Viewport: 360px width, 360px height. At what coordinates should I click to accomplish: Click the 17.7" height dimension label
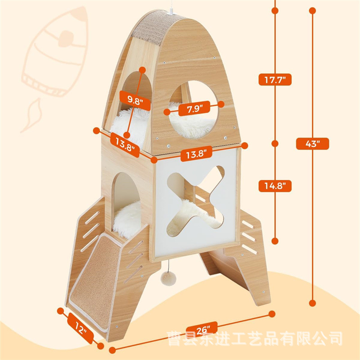275,79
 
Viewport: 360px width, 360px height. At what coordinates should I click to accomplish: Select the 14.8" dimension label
275,185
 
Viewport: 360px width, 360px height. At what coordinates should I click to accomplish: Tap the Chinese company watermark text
255,336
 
